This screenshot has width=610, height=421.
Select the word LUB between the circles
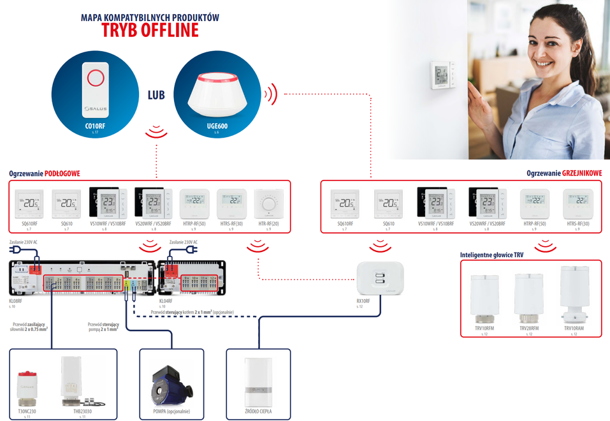point(156,95)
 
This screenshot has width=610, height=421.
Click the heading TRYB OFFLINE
point(150,30)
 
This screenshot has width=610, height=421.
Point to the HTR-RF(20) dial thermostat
point(269,204)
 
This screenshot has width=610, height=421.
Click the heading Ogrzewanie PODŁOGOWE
point(45,174)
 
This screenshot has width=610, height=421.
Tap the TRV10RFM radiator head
point(483,296)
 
